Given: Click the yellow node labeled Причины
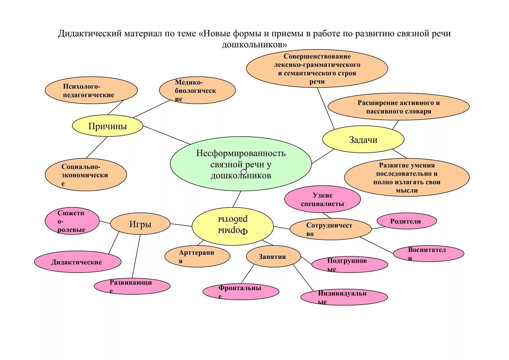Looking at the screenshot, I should click(x=107, y=126).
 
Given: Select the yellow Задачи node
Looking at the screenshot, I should click(x=363, y=139).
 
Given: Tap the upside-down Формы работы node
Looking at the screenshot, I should click(x=232, y=226).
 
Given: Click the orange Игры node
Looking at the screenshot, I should click(x=140, y=224).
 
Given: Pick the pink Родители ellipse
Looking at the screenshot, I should click(x=407, y=221).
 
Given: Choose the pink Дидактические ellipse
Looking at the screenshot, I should click(x=77, y=262).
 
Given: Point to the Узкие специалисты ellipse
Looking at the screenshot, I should click(x=322, y=199).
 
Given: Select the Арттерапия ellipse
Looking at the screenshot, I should click(x=197, y=257).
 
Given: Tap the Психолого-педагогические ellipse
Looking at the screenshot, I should click(x=91, y=90).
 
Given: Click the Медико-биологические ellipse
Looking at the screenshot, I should click(x=197, y=90).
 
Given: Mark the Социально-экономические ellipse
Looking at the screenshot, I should click(x=86, y=175).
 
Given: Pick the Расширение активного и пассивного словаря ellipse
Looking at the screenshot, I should click(x=398, y=107).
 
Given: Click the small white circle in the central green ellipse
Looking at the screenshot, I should click(x=244, y=172).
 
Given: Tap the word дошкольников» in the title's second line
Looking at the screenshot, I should click(x=254, y=45).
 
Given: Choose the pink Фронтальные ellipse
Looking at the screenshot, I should click(x=241, y=292).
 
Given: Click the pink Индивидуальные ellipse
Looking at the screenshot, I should click(x=344, y=297).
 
